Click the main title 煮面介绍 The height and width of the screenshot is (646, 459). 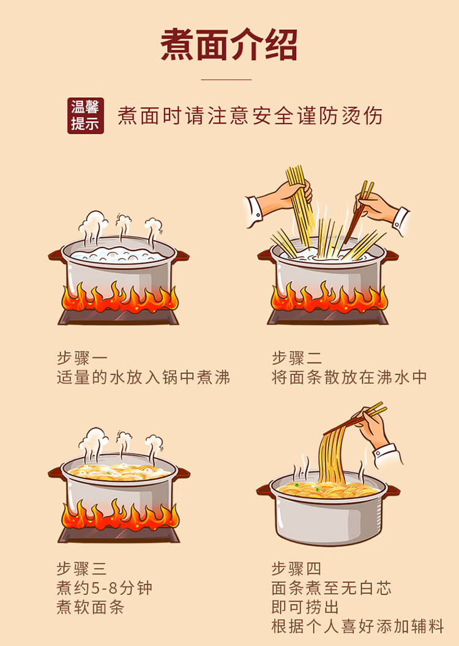click(229, 45)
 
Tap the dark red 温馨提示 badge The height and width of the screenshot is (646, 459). click(86, 116)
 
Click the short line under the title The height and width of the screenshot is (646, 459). click(226, 79)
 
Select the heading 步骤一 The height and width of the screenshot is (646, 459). click(81, 358)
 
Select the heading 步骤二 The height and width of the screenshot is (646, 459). click(297, 358)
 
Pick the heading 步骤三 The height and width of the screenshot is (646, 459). click(81, 569)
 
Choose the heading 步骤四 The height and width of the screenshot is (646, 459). click(296, 569)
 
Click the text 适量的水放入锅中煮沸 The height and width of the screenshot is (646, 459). click(143, 377)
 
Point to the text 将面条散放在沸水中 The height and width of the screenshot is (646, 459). click(349, 377)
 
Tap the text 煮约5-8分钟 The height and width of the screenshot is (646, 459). click(104, 589)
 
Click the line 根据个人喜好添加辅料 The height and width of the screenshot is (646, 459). click(357, 626)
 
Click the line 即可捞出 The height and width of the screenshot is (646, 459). click(305, 607)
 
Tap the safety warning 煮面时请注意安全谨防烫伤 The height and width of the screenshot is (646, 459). click(250, 116)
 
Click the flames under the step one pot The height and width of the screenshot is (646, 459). click(120, 298)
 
